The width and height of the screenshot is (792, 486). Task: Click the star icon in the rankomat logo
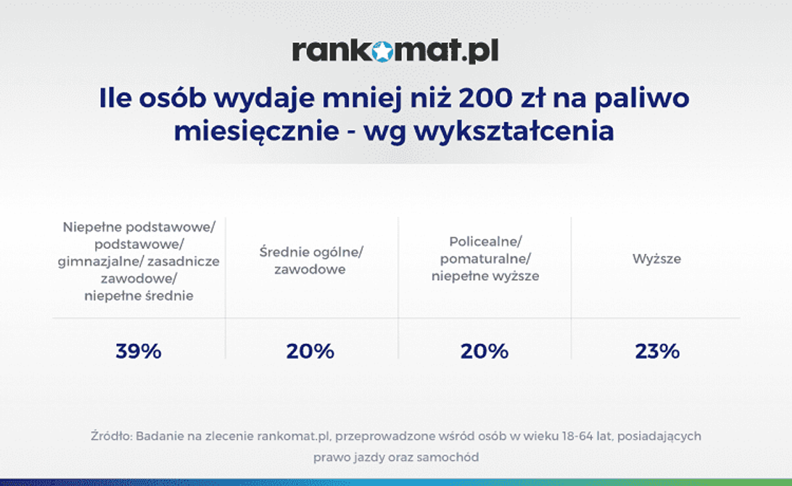click(382, 51)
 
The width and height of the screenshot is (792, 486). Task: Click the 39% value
click(138, 351)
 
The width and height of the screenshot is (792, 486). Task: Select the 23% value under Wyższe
click(657, 351)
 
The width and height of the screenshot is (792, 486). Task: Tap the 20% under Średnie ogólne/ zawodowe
click(310, 351)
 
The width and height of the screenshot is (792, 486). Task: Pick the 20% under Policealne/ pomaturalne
click(484, 351)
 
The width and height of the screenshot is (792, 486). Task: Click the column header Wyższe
click(657, 259)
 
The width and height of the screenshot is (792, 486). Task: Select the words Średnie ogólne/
click(311, 251)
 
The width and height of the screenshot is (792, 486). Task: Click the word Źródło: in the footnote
click(111, 437)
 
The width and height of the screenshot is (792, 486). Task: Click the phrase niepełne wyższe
click(485, 276)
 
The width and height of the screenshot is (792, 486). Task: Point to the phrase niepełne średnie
click(139, 295)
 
